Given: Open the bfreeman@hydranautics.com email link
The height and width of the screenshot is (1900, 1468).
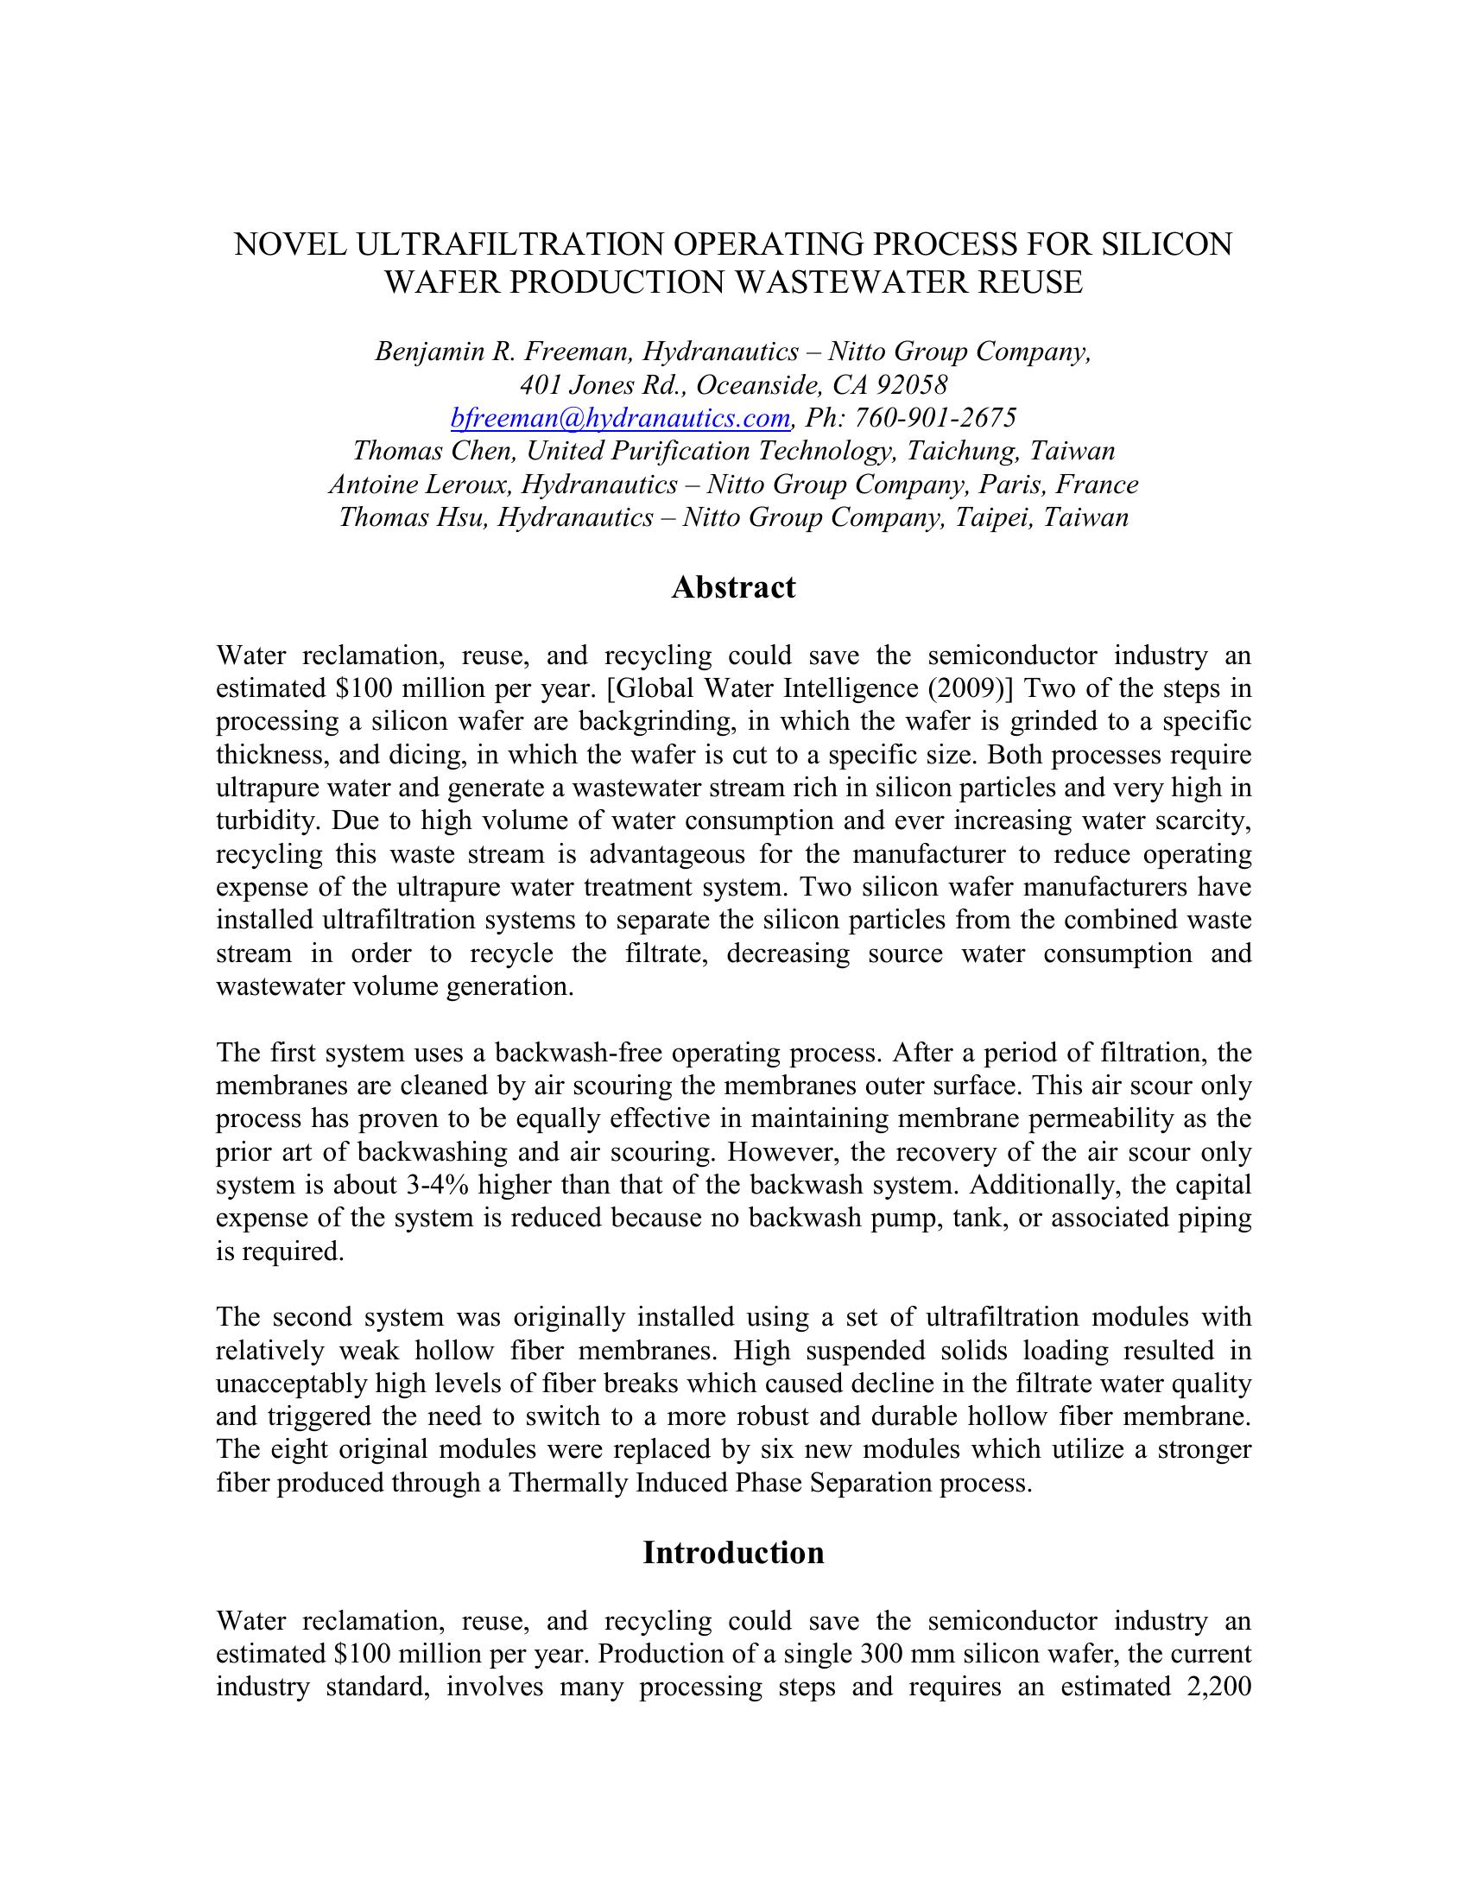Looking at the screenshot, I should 620,419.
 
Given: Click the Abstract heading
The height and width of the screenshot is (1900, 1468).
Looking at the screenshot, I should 733,587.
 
